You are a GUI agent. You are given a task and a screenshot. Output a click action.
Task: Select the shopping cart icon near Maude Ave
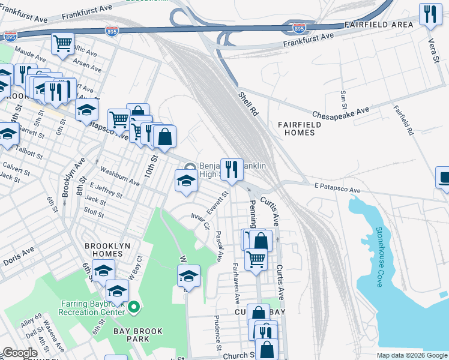(62, 43)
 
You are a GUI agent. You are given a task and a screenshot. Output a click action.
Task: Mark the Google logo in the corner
(20, 353)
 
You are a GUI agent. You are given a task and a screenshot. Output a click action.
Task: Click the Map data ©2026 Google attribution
(411, 355)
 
